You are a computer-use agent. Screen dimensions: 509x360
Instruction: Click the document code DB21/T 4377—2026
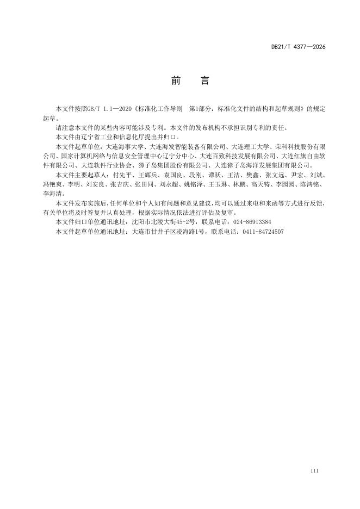pos(298,47)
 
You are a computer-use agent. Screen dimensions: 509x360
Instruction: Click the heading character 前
pos(176,81)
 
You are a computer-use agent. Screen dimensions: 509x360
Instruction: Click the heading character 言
pos(204,81)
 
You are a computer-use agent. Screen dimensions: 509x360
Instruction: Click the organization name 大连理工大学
pos(250,147)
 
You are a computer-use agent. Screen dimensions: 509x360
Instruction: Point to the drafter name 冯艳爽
pos(53,184)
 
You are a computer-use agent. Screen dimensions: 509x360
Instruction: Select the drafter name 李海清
pos(53,193)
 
